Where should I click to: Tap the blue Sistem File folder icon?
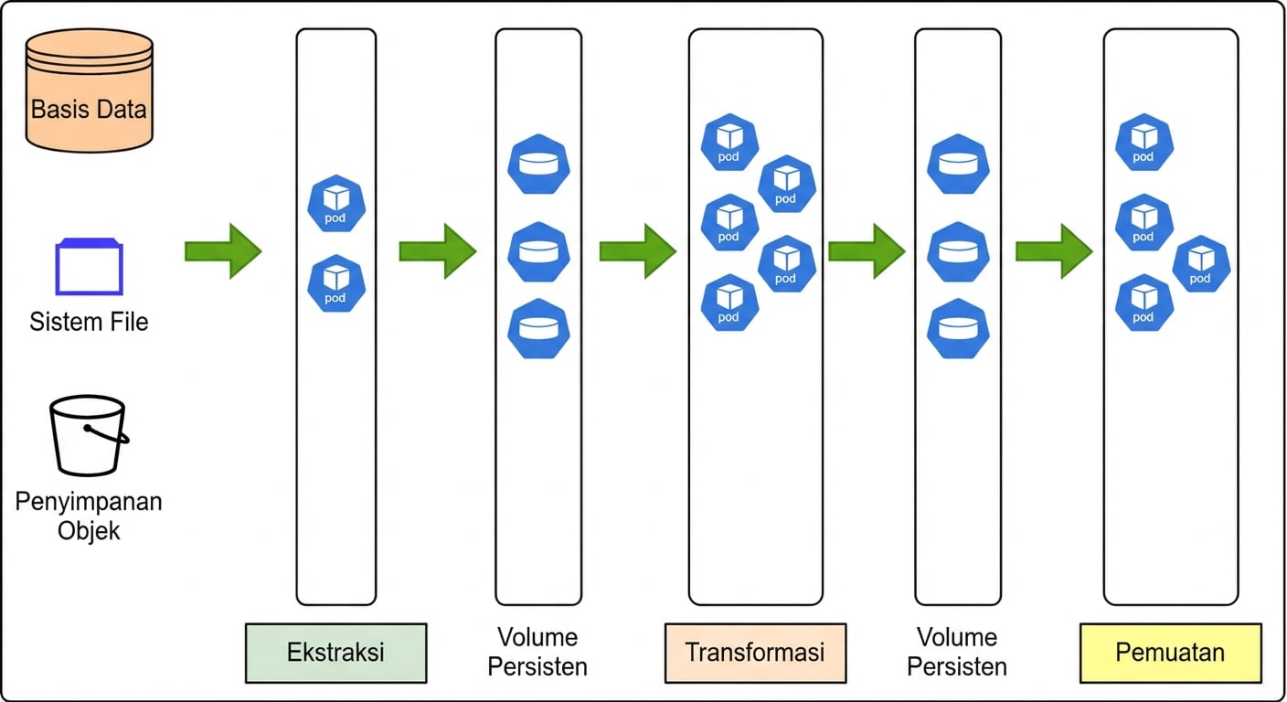(x=89, y=267)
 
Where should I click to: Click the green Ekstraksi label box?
(x=335, y=653)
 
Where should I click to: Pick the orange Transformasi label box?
(x=755, y=653)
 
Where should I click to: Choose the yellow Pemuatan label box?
(x=1170, y=653)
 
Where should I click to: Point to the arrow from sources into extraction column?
(x=223, y=250)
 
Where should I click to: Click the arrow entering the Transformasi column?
(x=637, y=250)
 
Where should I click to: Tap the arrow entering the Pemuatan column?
(x=1054, y=250)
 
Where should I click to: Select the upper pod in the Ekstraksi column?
(x=336, y=204)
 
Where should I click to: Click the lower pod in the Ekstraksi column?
(x=336, y=283)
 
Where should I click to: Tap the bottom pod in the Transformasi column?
(x=729, y=303)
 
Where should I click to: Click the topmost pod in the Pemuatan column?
(x=1144, y=143)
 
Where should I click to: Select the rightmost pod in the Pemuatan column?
(x=1201, y=263)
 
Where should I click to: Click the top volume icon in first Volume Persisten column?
(x=538, y=165)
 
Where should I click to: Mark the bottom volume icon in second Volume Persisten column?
(x=958, y=328)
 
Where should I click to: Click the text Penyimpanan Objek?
(x=89, y=516)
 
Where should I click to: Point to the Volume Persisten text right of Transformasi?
(x=957, y=652)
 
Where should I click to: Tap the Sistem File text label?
(x=89, y=322)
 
